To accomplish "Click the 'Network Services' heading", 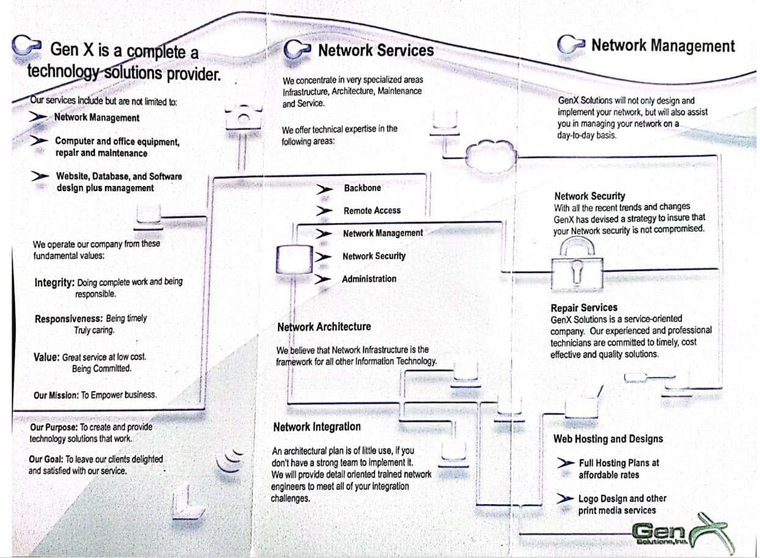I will (375, 50).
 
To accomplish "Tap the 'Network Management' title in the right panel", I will (663, 45).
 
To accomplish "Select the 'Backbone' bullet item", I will (362, 188).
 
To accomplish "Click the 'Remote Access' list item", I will (372, 210).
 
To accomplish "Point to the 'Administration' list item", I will (369, 279).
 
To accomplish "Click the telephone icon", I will (243, 115).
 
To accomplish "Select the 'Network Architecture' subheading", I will (324, 327).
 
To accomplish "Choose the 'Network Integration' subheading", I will (316, 427).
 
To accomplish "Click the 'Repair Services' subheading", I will (584, 308).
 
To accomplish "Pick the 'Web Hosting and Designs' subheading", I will (608, 439).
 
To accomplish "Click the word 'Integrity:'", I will (55, 283).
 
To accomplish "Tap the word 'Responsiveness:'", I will (68, 319).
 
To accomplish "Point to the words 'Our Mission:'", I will (56, 395).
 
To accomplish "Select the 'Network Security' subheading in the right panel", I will (590, 196).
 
